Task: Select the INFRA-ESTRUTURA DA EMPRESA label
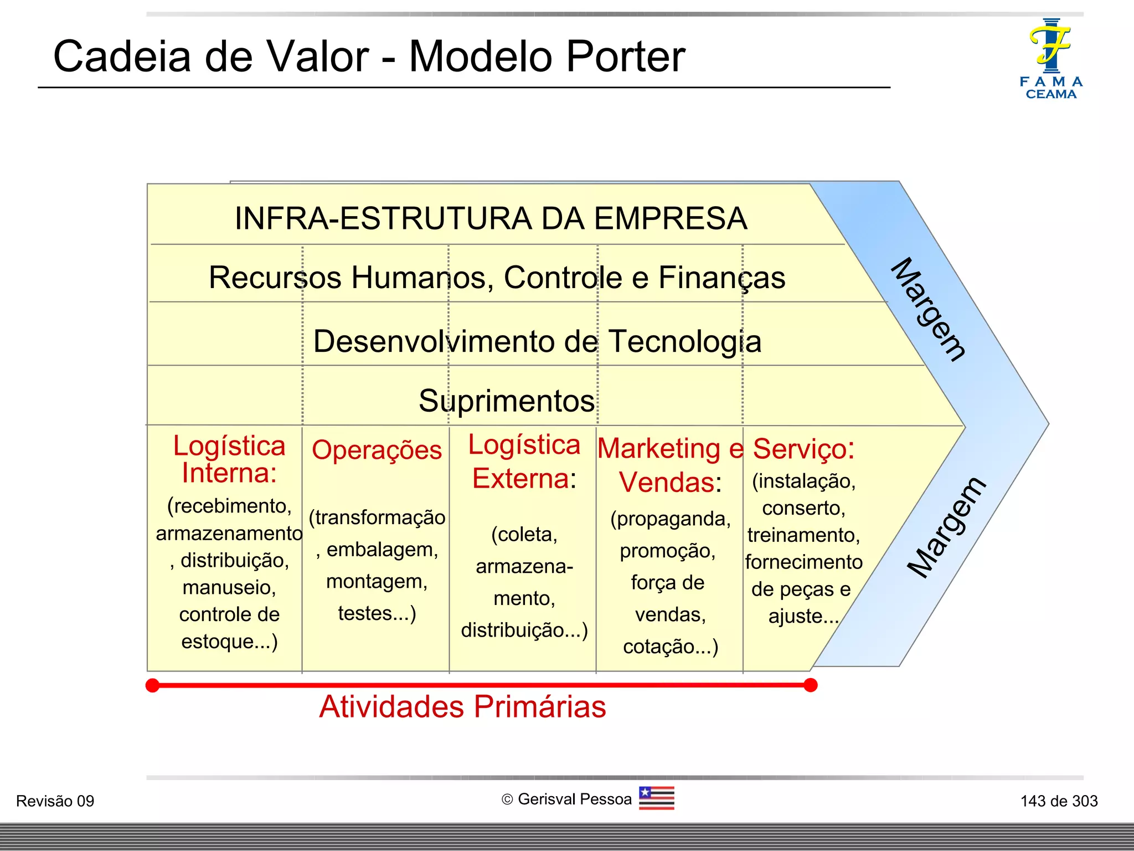[x=491, y=218]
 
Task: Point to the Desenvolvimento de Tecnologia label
[x=537, y=341]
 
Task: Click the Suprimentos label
[x=506, y=401]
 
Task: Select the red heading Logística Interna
[x=229, y=459]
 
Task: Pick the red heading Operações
[x=377, y=450]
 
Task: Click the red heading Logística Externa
[x=524, y=462]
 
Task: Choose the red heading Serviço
[x=803, y=449]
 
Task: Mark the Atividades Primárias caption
[x=462, y=707]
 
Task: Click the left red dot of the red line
[x=152, y=685]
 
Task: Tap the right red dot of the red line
[x=811, y=685]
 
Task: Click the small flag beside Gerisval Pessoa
[x=656, y=798]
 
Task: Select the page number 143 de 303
[x=1059, y=801]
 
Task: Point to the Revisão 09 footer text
[x=55, y=801]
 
